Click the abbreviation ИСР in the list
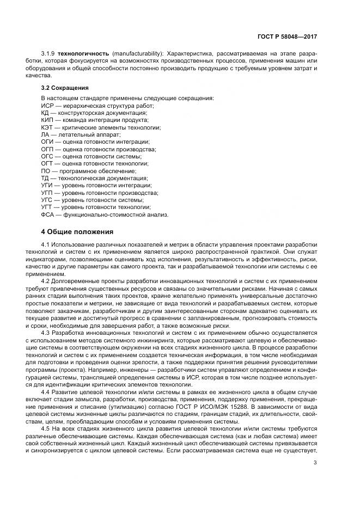(x=47, y=105)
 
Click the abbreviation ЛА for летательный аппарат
(x=45, y=134)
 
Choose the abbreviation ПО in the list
(x=46, y=170)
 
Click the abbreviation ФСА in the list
(x=48, y=214)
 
